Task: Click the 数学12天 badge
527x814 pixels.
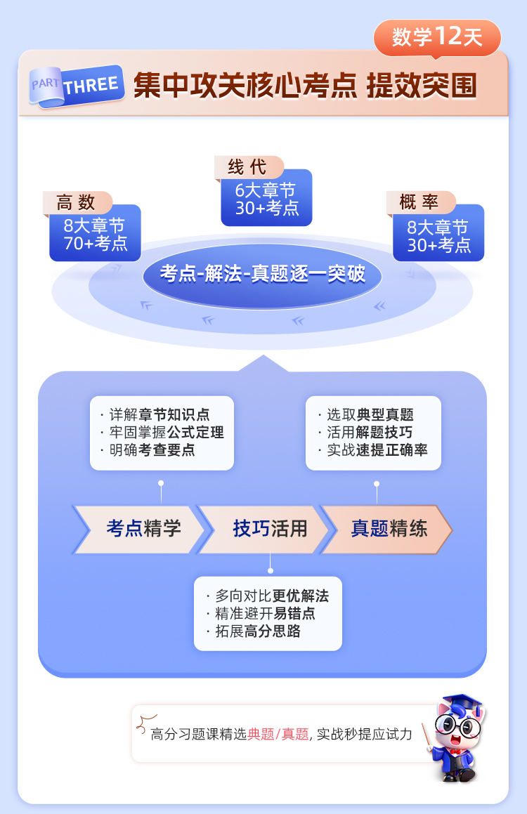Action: click(437, 37)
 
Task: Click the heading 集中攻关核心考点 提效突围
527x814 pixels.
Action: click(305, 86)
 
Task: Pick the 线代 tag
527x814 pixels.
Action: click(248, 167)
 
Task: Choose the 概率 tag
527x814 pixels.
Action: click(419, 203)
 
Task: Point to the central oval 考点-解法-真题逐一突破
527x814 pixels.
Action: click(263, 274)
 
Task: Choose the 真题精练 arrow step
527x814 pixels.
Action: click(388, 529)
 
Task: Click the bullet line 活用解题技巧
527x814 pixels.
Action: click(370, 433)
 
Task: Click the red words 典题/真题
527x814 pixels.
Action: click(278, 735)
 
